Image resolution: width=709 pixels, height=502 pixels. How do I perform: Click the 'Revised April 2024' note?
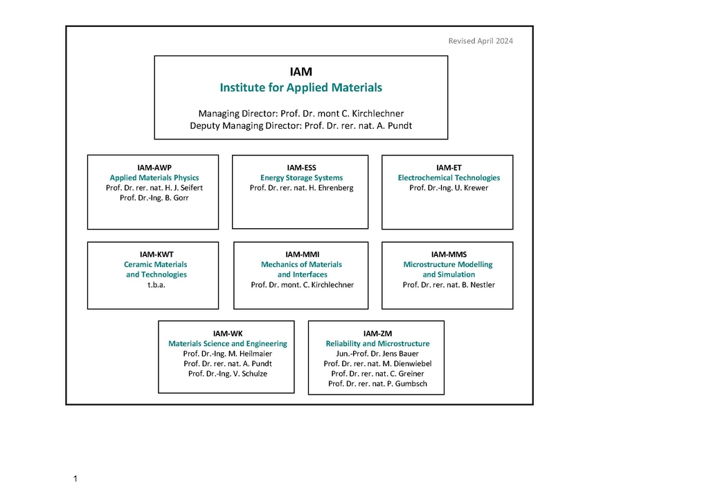[481, 41]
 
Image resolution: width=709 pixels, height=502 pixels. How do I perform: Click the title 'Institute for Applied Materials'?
[300, 87]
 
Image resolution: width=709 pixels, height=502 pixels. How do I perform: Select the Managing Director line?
[300, 114]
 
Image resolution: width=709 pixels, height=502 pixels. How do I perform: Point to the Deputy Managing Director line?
[300, 125]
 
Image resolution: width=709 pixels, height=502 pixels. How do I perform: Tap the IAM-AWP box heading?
[154, 168]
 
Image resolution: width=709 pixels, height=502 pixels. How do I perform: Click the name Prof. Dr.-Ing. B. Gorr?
[154, 198]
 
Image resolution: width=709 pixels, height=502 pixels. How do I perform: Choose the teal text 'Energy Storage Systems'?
[301, 178]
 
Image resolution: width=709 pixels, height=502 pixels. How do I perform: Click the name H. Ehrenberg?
[302, 188]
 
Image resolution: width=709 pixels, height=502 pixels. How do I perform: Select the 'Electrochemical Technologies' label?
[449, 178]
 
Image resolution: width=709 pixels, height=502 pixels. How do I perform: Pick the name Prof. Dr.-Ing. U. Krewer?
[449, 188]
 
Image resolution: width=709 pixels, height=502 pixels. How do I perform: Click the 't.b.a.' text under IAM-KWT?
[156, 285]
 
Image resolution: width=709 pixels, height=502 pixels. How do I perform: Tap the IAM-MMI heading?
[302, 255]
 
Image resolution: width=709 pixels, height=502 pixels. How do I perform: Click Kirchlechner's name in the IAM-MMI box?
[302, 285]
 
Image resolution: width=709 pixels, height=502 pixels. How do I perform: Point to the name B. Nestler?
[449, 285]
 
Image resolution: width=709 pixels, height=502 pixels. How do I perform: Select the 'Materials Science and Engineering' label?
[227, 344]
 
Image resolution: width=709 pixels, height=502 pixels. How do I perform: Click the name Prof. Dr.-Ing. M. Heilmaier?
[227, 354]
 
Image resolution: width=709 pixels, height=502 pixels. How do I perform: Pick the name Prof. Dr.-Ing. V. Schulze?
[227, 374]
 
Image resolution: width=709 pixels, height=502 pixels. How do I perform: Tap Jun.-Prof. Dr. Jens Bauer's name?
[377, 354]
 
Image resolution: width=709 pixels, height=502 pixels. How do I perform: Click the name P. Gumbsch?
[377, 383]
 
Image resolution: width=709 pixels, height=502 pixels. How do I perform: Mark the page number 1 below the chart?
[75, 478]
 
